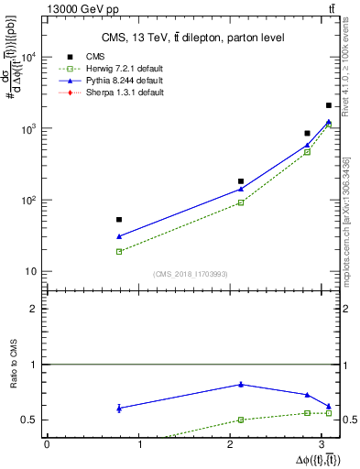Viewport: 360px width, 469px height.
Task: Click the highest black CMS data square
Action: click(x=329, y=106)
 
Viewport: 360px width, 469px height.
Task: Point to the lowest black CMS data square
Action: click(x=119, y=220)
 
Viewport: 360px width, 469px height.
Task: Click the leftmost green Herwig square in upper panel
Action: click(x=119, y=251)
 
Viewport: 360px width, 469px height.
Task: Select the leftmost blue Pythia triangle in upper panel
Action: click(x=119, y=236)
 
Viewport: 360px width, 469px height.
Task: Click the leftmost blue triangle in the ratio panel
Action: click(x=119, y=408)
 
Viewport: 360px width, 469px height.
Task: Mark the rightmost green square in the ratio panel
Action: click(x=329, y=413)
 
